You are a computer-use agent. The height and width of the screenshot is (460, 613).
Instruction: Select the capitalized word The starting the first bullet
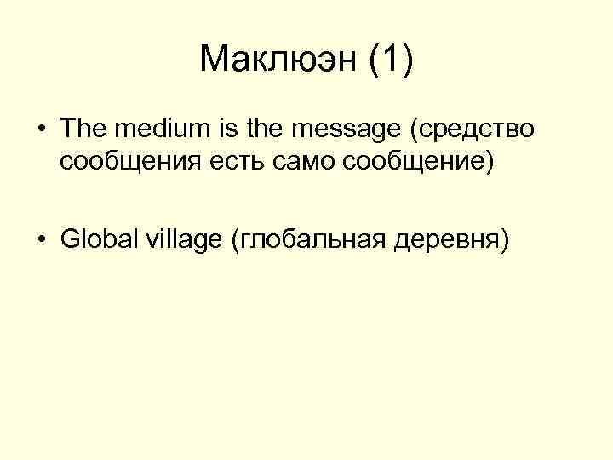point(81,130)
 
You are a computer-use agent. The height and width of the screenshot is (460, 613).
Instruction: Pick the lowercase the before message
point(243,130)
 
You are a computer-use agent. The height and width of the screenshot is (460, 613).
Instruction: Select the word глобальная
point(309,241)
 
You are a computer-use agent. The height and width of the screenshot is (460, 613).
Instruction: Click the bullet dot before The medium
point(41,131)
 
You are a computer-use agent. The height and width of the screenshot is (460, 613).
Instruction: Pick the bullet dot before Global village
point(41,240)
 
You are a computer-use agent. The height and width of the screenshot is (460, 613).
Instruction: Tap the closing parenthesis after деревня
point(506,241)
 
